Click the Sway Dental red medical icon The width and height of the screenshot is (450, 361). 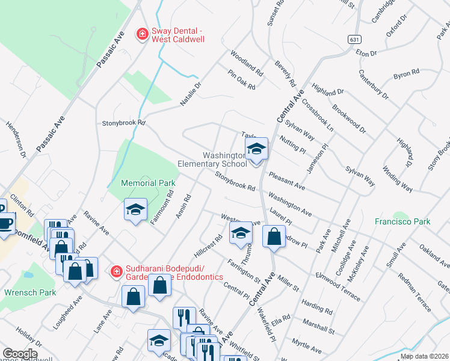pos(143,34)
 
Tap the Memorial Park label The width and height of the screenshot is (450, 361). pos(147,182)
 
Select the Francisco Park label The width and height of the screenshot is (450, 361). pos(402,222)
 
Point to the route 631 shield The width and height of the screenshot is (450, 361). pos(354,38)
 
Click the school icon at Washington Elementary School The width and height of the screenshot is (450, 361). pos(256,150)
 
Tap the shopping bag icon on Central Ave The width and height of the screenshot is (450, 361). pos(274,237)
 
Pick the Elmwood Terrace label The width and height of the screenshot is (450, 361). pos(339,287)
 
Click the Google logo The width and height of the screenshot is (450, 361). pos(20,354)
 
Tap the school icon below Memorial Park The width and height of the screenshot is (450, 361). pos(136,210)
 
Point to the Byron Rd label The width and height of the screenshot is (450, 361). pos(406,74)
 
